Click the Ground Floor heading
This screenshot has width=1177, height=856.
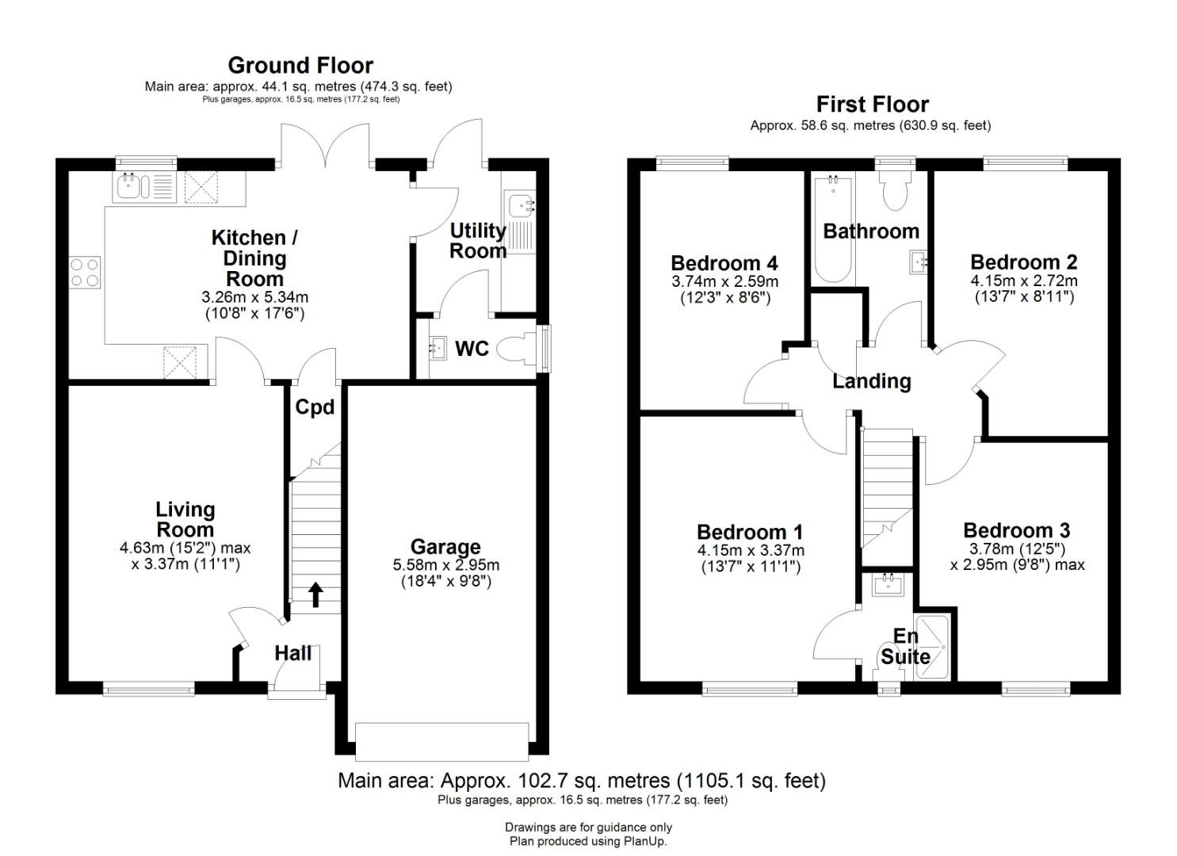coord(300,66)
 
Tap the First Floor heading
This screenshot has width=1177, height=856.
coord(872,105)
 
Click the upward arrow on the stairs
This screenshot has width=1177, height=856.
coord(315,594)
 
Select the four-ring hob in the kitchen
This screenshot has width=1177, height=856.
coord(85,272)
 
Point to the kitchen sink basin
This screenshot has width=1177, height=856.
coord(127,187)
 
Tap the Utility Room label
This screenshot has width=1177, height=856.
coord(478,241)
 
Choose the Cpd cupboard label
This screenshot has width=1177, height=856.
coord(315,407)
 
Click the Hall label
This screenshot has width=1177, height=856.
coord(293,653)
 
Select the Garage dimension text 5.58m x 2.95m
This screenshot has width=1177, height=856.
coord(446,565)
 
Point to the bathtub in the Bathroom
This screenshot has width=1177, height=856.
coord(832,230)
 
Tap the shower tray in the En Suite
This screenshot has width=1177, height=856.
coord(931,648)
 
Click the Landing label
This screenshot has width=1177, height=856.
coord(872,381)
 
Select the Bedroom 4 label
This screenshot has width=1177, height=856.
coord(724,262)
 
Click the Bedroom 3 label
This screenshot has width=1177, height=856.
coord(1017,530)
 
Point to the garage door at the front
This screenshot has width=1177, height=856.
coord(442,741)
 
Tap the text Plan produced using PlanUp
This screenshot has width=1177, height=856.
coord(588,841)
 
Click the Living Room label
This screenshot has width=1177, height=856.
coord(185,519)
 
